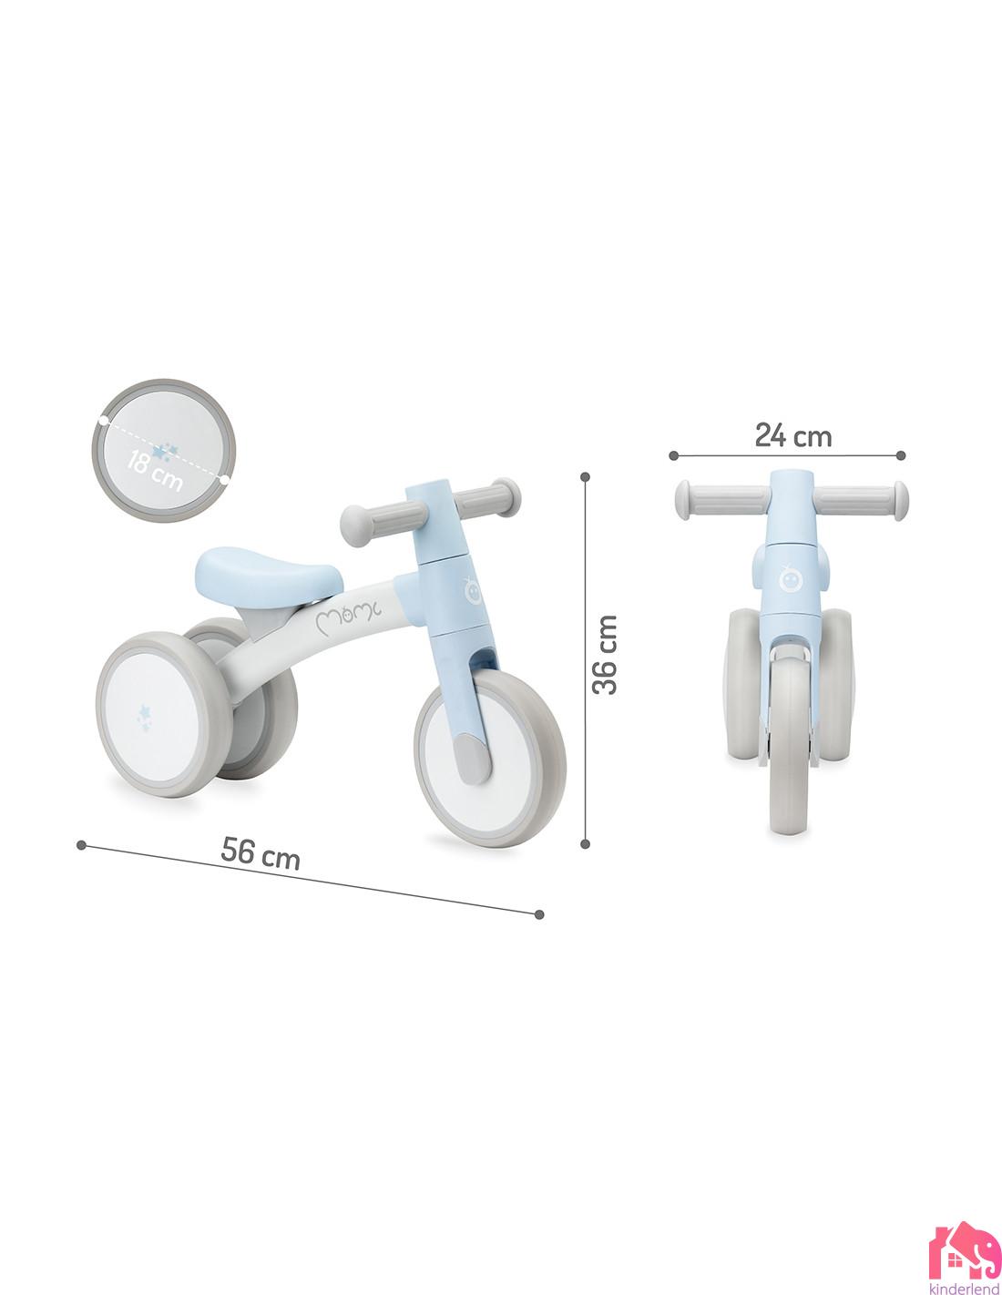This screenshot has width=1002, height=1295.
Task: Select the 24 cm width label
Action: [792, 436]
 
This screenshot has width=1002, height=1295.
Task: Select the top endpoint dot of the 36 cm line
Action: [585, 475]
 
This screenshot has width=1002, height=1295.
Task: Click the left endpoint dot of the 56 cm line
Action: [83, 844]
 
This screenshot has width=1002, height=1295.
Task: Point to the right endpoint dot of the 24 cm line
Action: [901, 454]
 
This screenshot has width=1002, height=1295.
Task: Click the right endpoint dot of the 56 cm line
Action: [539, 914]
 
